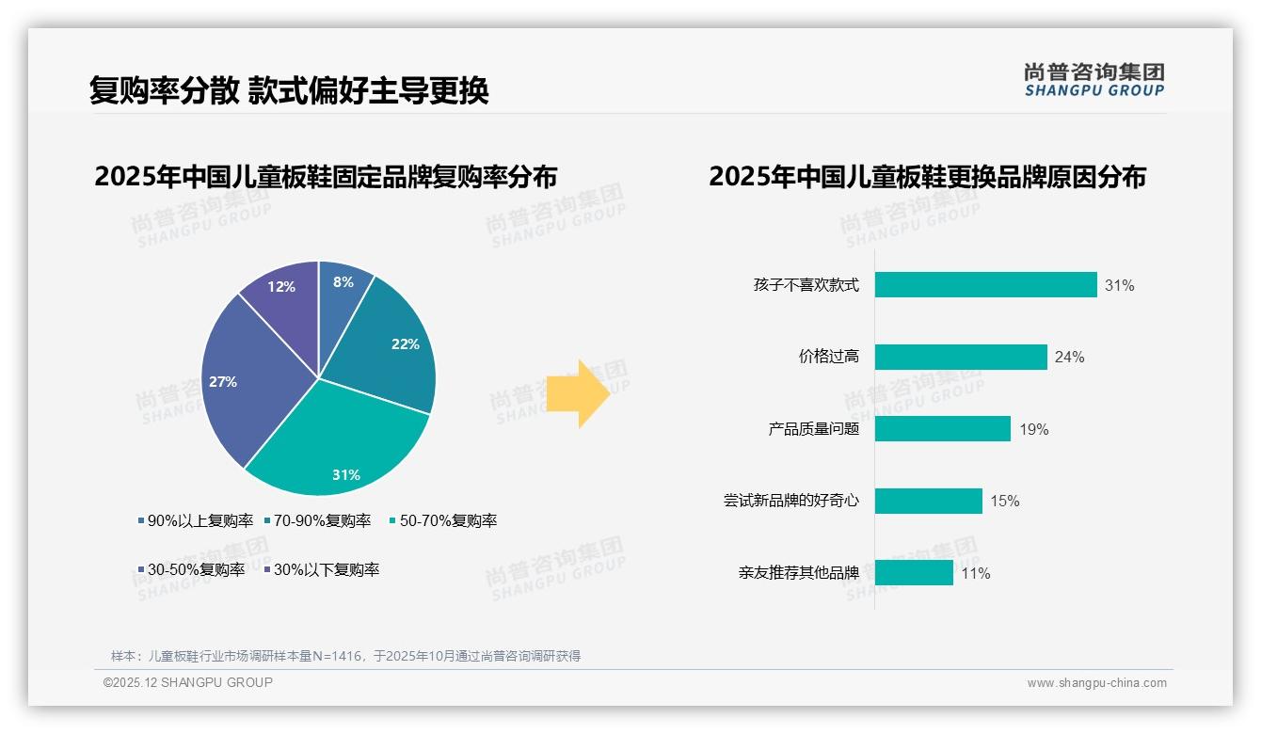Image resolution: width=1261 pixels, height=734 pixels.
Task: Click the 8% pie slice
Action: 343,292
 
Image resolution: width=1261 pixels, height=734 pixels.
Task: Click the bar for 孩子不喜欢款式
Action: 985,285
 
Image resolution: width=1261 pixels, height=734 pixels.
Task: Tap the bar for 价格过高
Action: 961,357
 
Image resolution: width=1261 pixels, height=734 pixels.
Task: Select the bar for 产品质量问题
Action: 942,429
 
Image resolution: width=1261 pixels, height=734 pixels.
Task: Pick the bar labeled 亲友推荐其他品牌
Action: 914,572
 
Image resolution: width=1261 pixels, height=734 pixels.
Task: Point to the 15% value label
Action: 1005,502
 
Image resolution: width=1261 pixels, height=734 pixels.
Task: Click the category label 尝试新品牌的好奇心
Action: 790,501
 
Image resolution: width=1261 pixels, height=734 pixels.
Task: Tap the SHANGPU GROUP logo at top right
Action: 1093,80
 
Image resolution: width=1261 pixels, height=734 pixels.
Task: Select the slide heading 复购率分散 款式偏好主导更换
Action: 289,91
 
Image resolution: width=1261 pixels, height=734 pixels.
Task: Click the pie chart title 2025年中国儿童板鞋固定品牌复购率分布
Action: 326,177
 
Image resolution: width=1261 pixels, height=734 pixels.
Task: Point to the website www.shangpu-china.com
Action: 1096,683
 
